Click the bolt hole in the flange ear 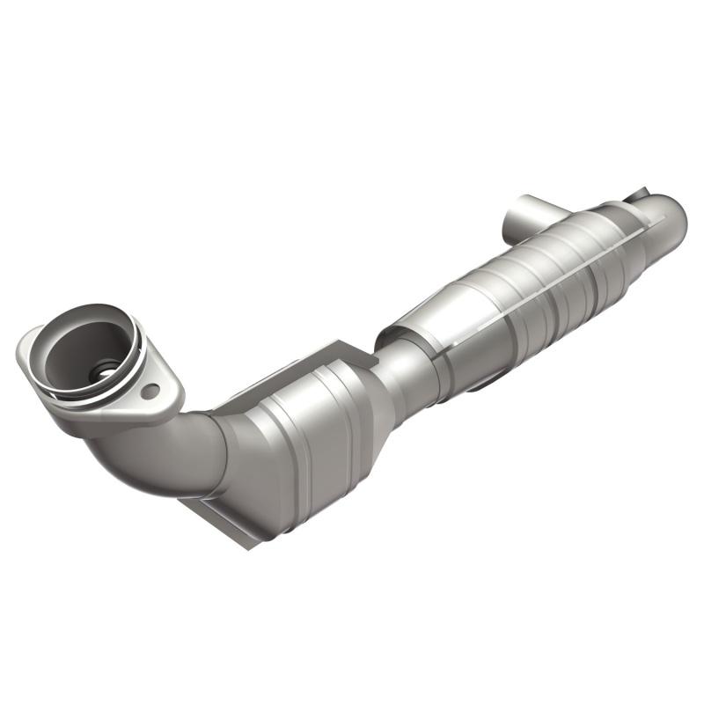coord(150,389)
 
